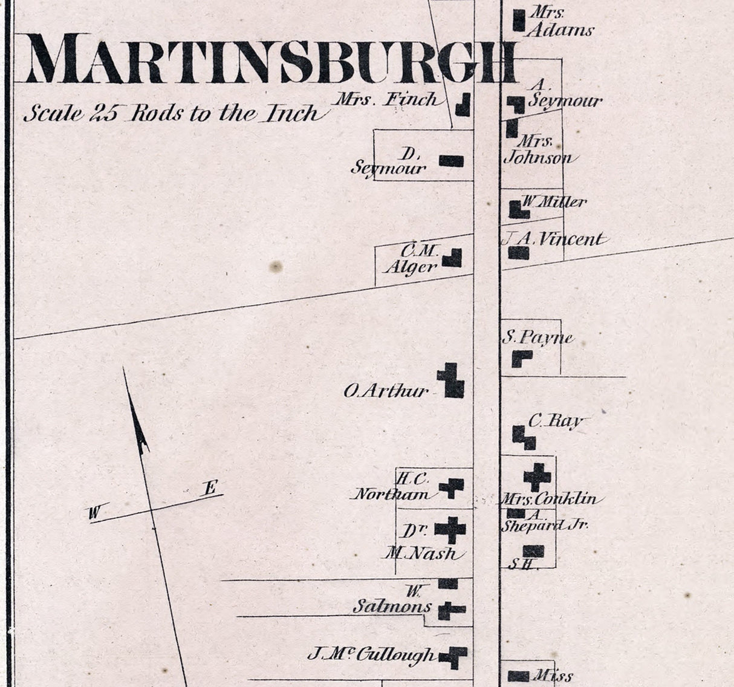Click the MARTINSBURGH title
coord(272,58)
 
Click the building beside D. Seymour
coord(451,161)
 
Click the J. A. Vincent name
coord(553,239)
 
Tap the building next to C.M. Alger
coord(453,258)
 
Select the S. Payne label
coord(538,337)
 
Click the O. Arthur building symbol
coord(452,381)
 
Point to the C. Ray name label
coord(555,421)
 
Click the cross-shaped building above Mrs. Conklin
coord(537,477)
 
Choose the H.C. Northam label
coord(393,487)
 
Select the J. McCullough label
coord(371,654)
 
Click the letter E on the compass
coord(210,487)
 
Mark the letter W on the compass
coord(94,513)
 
